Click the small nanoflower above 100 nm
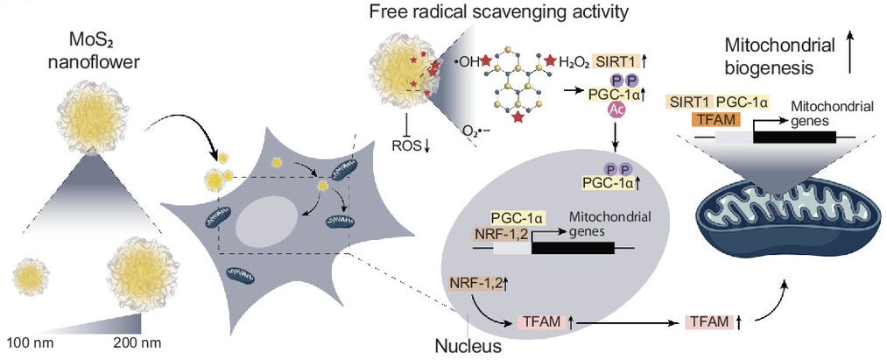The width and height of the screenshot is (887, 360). coord(30,278)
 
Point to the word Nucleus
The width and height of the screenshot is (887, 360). coord(469,345)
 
